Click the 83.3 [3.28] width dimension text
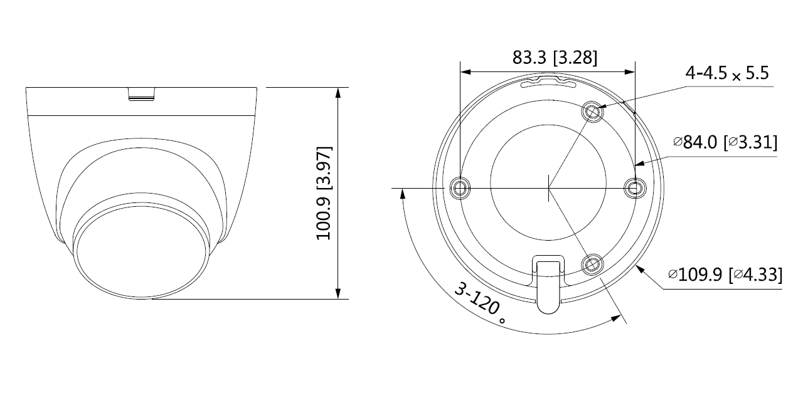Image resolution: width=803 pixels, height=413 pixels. tap(555, 58)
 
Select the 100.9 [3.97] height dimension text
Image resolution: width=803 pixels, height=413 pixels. tap(324, 192)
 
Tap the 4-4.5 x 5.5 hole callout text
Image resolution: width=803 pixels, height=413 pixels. tap(727, 73)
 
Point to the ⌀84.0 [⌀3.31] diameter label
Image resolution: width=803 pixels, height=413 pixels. tap(725, 142)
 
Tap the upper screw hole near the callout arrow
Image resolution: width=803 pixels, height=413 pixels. tap(592, 112)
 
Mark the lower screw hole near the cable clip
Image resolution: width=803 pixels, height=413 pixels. tap(591, 264)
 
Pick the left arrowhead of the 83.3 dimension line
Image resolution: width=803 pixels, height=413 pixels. tap(465, 71)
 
